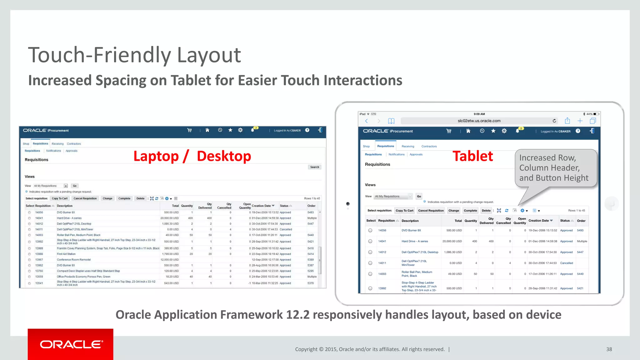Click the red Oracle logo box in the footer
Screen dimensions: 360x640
[70, 344]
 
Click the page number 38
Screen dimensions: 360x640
[609, 349]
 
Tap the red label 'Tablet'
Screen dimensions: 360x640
[472, 156]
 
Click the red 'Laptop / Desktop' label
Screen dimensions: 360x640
[192, 156]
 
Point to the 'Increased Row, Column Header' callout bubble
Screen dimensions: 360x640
[554, 168]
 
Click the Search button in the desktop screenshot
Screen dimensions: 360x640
[314, 167]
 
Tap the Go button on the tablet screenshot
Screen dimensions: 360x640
[419, 196]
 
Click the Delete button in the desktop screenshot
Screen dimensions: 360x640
[140, 198]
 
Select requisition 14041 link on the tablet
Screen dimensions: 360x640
[382, 241]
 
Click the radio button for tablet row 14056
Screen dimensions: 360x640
[370, 230]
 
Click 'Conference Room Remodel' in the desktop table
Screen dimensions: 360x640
[74, 260]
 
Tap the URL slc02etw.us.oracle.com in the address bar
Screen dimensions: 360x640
[479, 121]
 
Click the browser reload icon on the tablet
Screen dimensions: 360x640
[554, 121]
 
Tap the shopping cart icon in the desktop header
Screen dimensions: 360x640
[189, 130]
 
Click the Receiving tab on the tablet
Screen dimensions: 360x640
[407, 146]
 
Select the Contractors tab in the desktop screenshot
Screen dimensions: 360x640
[74, 144]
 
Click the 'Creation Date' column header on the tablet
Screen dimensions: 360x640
[538, 221]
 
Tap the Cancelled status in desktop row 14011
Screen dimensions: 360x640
[286, 229]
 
